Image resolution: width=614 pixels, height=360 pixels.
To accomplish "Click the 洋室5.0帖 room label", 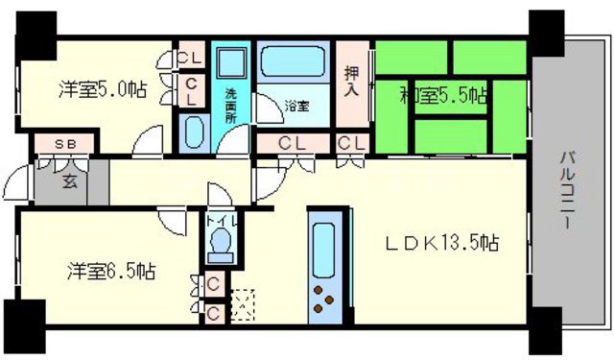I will pos(103,90).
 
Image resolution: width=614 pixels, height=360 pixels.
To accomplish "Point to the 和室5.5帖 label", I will pos(444,95).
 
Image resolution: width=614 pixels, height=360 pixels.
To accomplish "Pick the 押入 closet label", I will pos(353,82).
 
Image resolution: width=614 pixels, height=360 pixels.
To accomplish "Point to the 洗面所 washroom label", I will pos(231,107).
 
